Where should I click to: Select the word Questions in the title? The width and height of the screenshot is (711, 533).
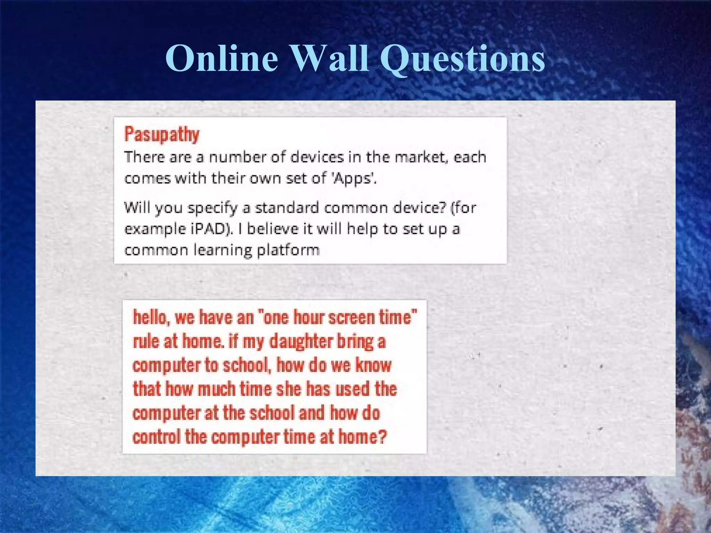[462, 59]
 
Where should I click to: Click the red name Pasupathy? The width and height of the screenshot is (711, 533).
[162, 134]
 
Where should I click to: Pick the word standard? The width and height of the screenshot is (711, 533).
[287, 208]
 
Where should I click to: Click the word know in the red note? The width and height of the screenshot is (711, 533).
[373, 365]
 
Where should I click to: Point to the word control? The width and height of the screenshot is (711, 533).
[157, 437]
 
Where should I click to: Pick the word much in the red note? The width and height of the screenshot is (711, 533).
[216, 389]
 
